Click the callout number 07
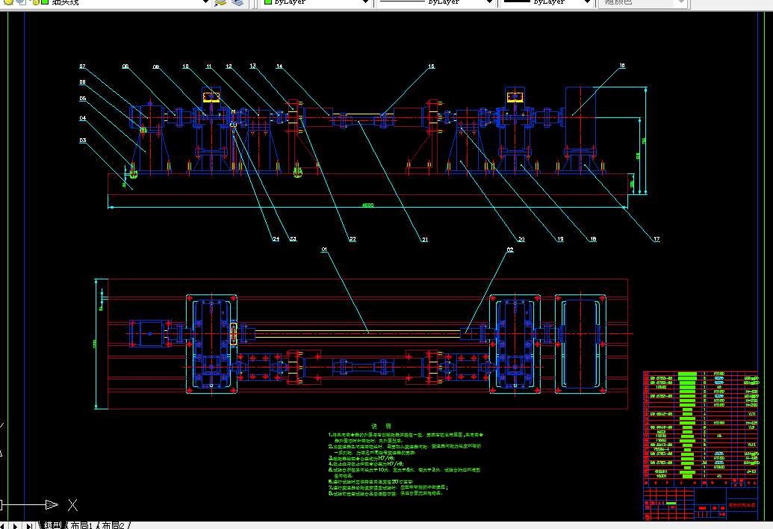[x=83, y=66]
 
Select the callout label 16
[x=621, y=66]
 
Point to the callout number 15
[x=431, y=66]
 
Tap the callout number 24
[x=275, y=239]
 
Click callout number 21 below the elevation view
[x=424, y=239]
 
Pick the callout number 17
[x=656, y=239]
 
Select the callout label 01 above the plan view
[x=325, y=249]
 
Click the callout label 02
[x=510, y=250]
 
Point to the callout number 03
[x=83, y=140]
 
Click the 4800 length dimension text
[x=367, y=205]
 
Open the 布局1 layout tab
[x=81, y=525]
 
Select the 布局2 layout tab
[x=114, y=525]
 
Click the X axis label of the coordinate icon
[x=72, y=504]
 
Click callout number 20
[x=521, y=239]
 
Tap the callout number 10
[x=186, y=66]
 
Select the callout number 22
[x=352, y=239]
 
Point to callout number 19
[x=559, y=239]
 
